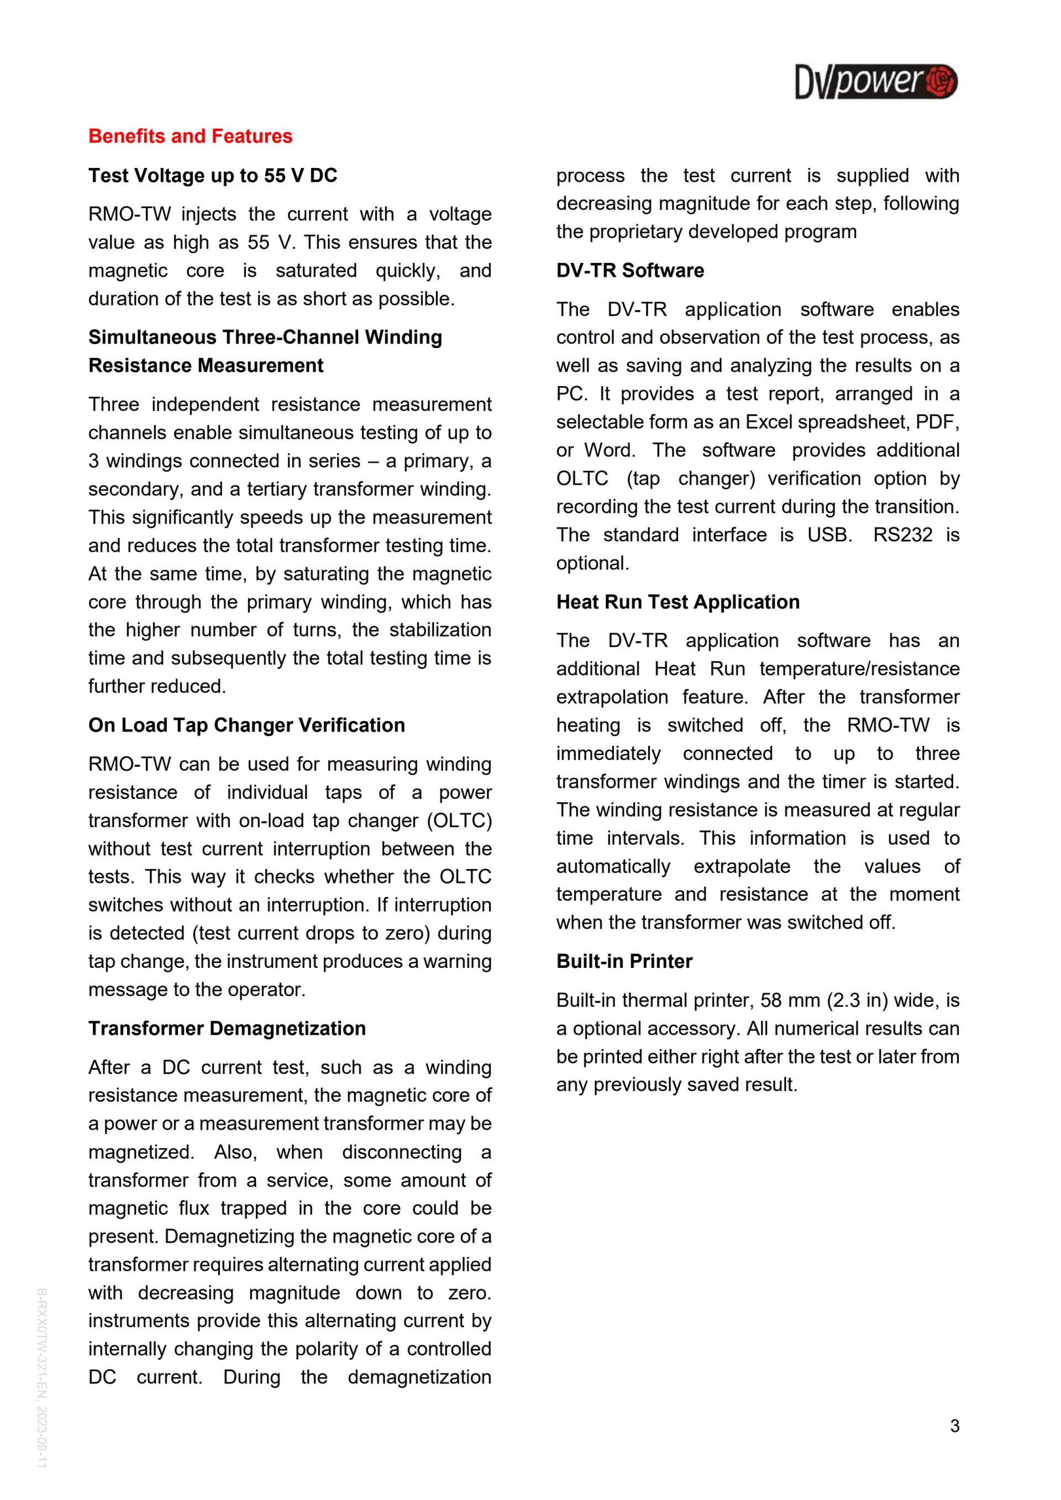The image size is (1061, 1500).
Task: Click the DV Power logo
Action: point(875,82)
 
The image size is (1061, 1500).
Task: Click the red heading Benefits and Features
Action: point(190,136)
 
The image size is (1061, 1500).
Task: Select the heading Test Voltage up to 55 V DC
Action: point(212,176)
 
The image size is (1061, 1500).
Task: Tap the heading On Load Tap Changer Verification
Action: point(246,725)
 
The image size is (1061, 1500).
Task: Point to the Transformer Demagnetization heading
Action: point(227,1028)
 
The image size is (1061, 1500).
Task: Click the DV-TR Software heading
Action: point(630,271)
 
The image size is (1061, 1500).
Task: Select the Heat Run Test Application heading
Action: point(677,602)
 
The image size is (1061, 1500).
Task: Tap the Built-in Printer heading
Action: point(624,961)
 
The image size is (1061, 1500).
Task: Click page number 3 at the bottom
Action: point(954,1425)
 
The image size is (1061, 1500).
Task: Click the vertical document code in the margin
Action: point(42,1378)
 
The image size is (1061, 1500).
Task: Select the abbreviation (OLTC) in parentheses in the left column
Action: point(459,820)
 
